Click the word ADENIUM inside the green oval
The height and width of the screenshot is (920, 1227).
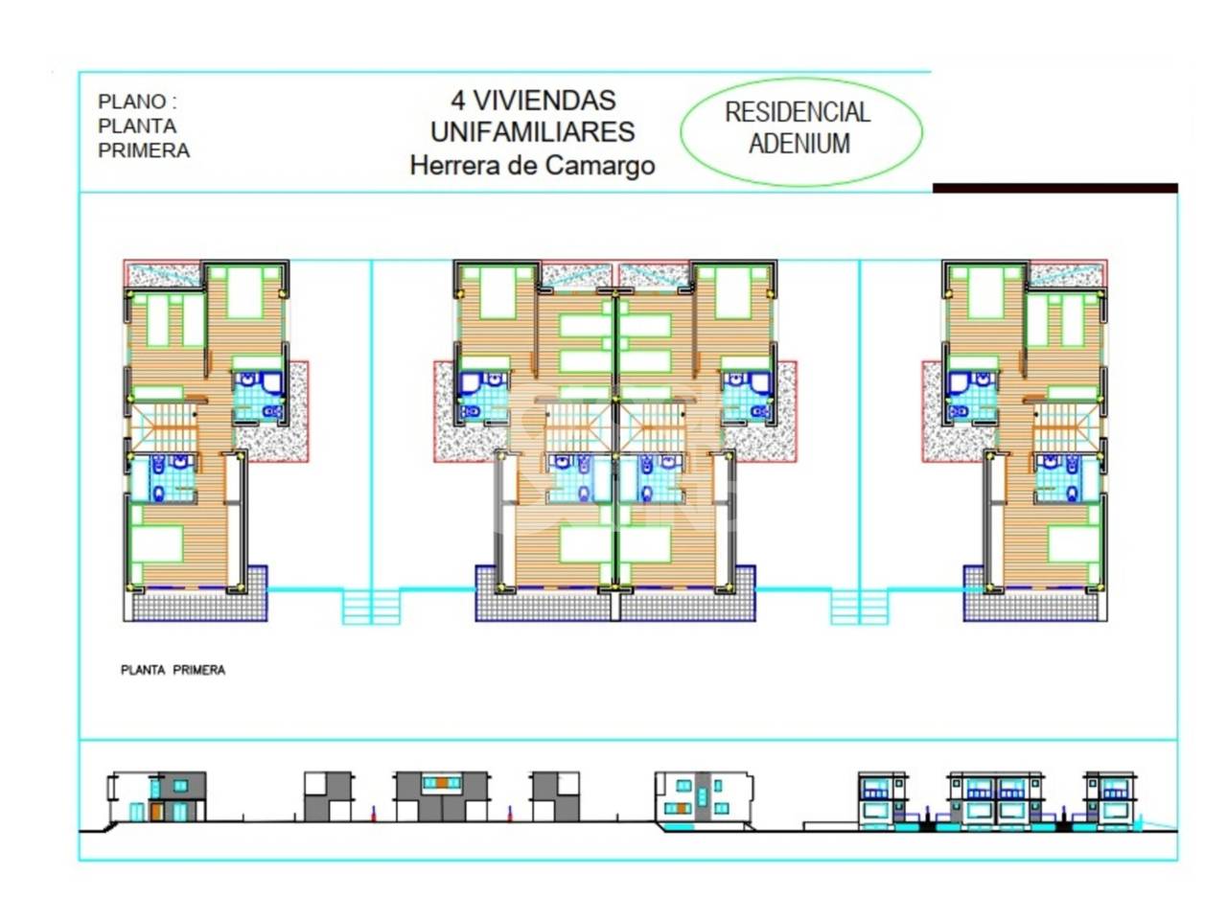799,144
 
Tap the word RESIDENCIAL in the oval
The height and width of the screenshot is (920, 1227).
798,112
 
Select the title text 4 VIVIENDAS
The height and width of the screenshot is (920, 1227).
533,101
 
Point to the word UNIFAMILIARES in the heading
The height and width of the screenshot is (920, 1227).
532,132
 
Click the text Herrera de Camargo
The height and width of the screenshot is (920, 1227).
532,166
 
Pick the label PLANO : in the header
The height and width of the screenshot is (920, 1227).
137,102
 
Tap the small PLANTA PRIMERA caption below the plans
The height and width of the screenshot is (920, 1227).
173,670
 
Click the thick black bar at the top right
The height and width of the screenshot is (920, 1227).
1054,188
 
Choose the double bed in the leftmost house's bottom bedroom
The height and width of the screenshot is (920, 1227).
157,543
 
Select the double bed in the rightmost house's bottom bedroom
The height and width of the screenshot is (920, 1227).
1073,543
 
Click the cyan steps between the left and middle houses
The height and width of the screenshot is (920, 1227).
371,608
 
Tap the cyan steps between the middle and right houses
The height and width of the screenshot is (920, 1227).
859,608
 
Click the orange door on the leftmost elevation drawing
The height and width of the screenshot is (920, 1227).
156,812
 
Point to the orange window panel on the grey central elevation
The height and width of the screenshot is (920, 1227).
442,783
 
